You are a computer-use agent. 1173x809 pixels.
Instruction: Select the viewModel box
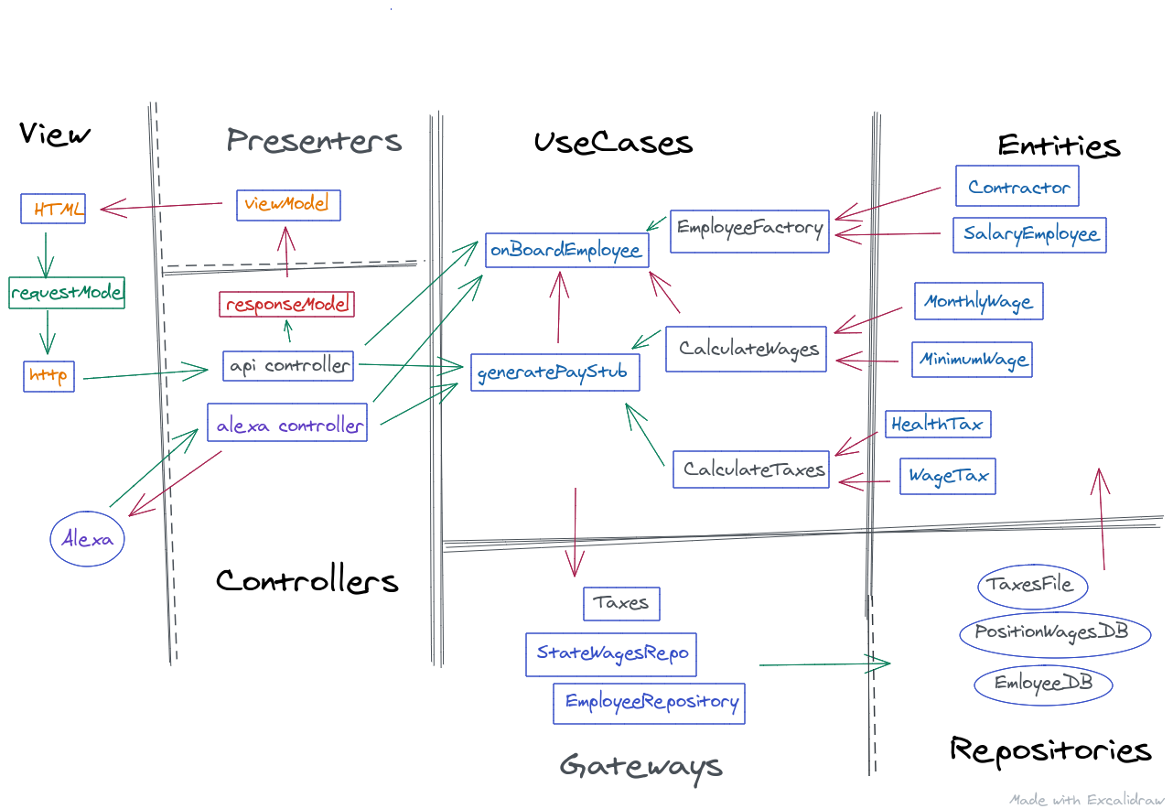(x=288, y=205)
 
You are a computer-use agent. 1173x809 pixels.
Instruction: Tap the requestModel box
(x=66, y=293)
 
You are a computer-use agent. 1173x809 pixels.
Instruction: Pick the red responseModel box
(x=287, y=304)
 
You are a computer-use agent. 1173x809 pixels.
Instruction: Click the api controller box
(x=289, y=365)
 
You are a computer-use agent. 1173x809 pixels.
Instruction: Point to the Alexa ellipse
(x=88, y=539)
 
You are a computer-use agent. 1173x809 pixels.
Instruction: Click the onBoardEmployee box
(x=566, y=249)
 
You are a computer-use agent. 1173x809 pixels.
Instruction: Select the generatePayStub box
(x=554, y=372)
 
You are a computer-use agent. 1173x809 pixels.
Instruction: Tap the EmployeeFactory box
(x=749, y=230)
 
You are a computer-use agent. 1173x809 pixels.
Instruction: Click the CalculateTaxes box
(x=751, y=469)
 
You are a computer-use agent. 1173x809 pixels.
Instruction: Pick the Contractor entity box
(x=1017, y=187)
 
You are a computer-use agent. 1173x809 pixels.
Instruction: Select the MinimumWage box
(x=973, y=359)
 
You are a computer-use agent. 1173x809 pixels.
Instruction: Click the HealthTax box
(x=937, y=424)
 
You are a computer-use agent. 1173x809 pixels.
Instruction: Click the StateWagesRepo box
(x=611, y=653)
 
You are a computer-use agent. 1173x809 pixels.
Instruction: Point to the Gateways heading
(x=640, y=766)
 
